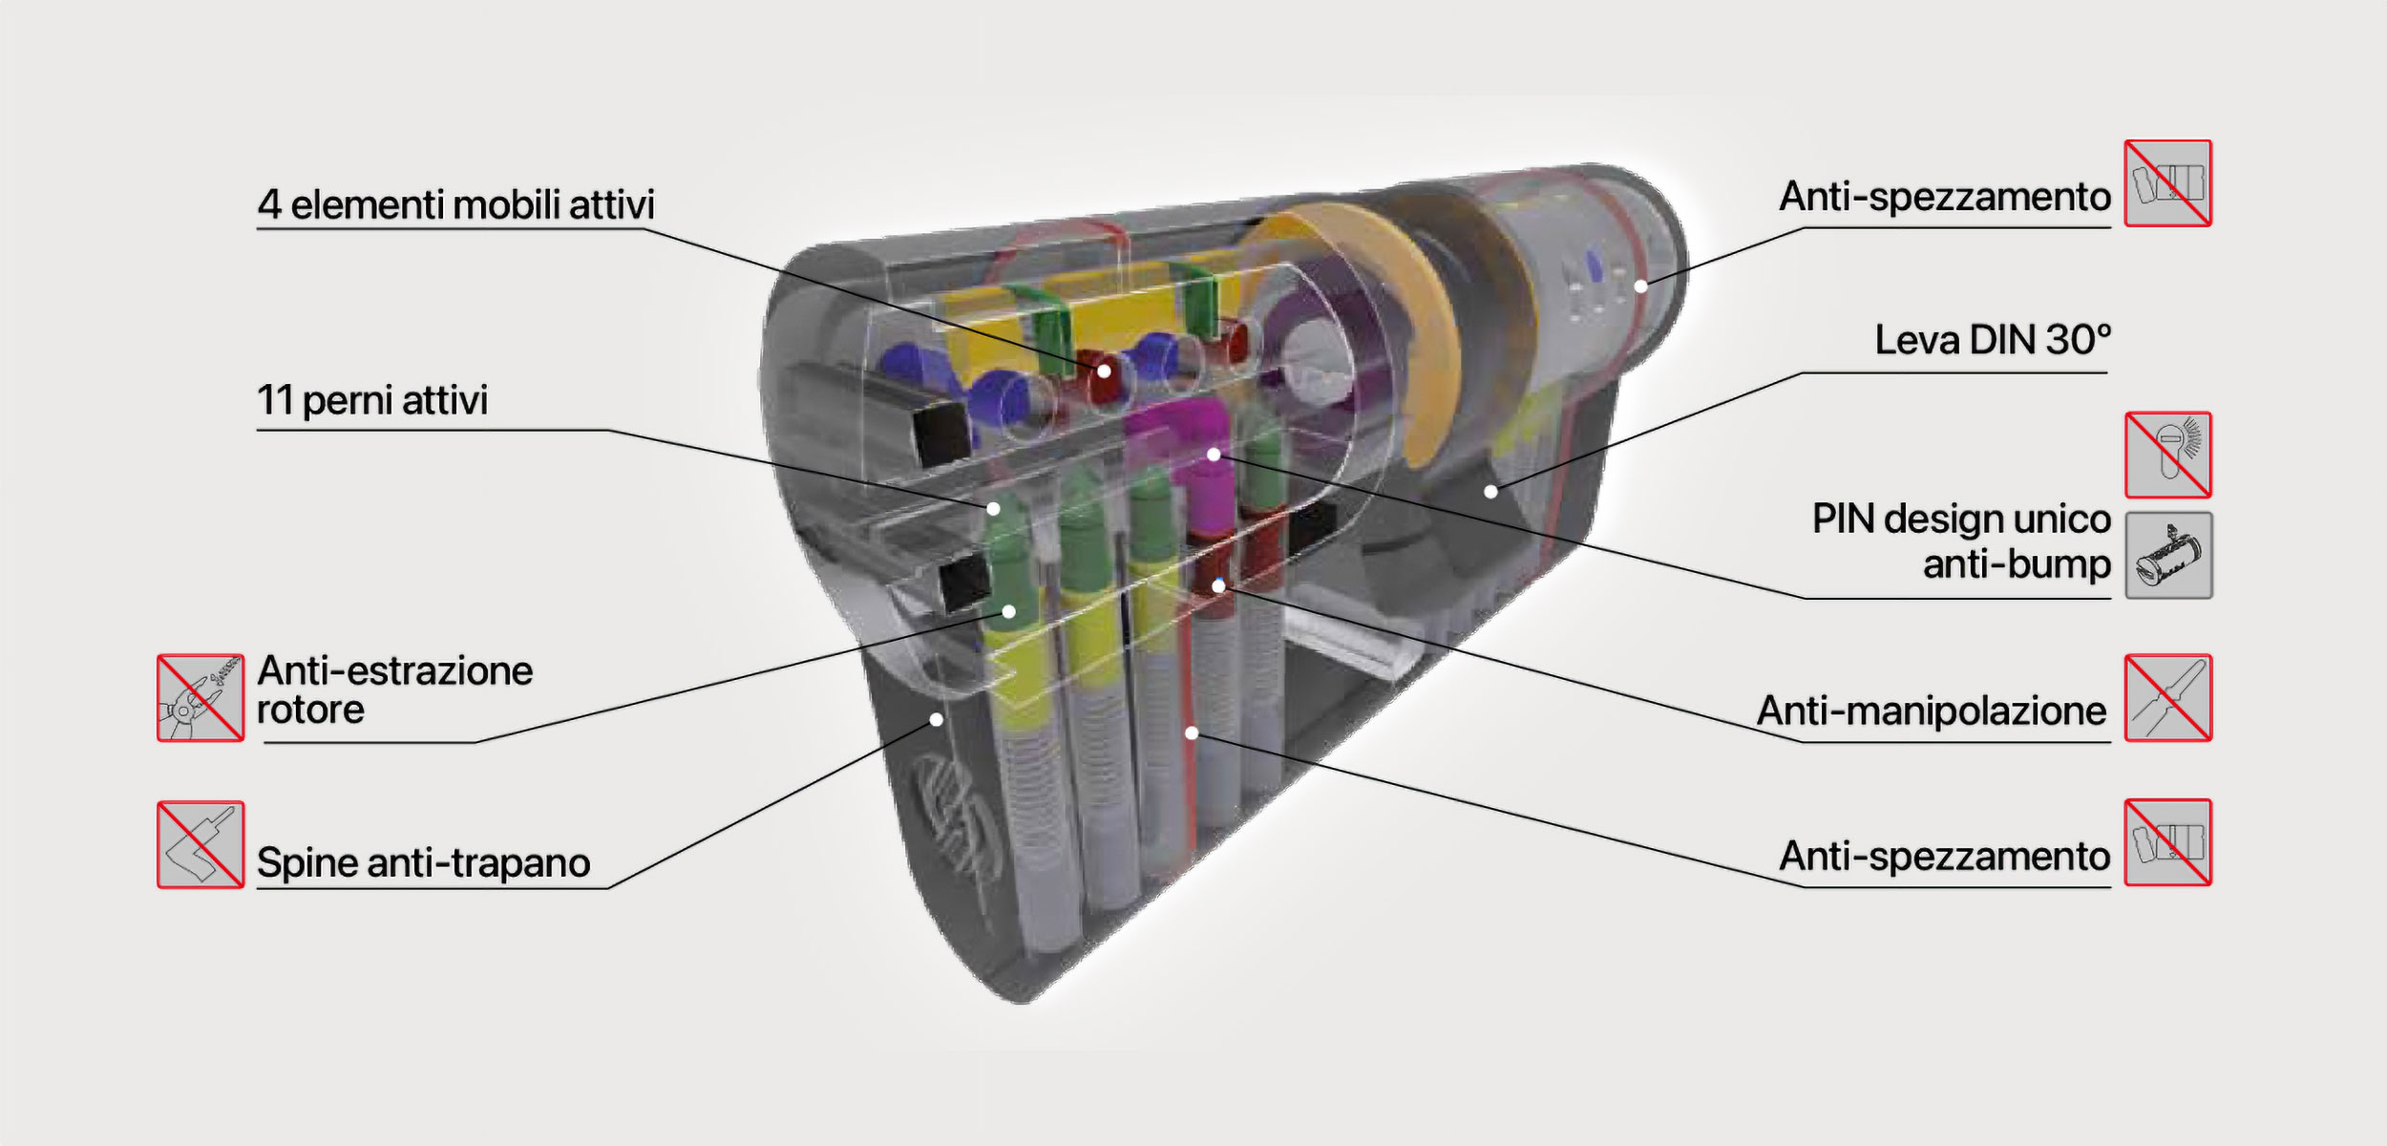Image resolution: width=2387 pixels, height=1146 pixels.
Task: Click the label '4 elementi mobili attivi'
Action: [456, 204]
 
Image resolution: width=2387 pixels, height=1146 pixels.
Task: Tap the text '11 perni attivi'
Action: [372, 400]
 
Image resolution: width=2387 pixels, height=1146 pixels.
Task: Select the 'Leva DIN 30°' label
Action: [1993, 340]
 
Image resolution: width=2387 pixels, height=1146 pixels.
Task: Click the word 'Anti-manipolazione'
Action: [1932, 711]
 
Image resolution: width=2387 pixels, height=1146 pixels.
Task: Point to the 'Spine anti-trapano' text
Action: [424, 862]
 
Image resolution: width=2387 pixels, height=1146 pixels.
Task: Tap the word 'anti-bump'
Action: [2017, 564]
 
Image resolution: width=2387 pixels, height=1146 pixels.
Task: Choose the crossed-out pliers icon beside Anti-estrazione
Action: [201, 698]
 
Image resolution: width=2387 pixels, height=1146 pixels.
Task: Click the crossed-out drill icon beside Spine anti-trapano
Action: [201, 844]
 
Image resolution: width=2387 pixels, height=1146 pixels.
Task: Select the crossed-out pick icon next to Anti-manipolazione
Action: [2168, 698]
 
